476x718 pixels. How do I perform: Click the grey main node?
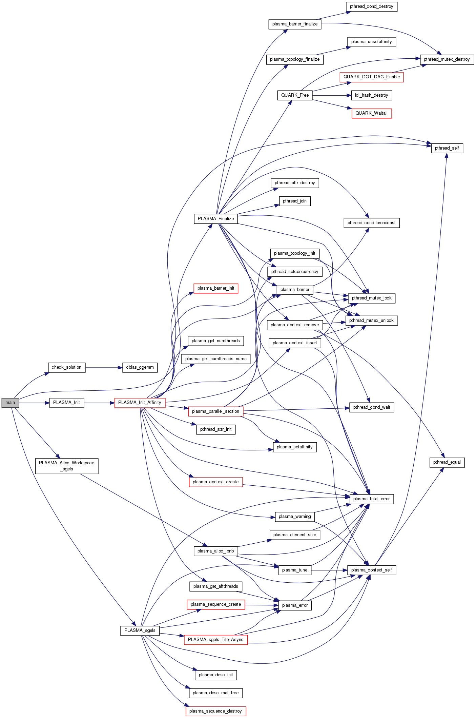pyautogui.click(x=10, y=403)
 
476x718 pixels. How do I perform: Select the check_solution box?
pyautogui.click(x=66, y=367)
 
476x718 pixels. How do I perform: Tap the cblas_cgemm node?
pyautogui.click(x=140, y=367)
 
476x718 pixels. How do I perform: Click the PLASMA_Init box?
pyautogui.click(x=66, y=403)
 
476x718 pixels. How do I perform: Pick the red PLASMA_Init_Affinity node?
pyautogui.click(x=140, y=403)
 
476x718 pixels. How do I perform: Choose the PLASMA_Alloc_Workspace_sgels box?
pyautogui.click(x=67, y=466)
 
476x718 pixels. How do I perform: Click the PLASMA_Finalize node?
pyautogui.click(x=216, y=219)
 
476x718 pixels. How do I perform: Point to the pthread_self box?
pyautogui.click(x=447, y=148)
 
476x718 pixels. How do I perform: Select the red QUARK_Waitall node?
pyautogui.click(x=371, y=113)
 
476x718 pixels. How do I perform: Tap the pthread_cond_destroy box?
pyautogui.click(x=371, y=6)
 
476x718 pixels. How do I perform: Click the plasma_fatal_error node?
pyautogui.click(x=371, y=499)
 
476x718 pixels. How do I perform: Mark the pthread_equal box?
pyautogui.click(x=447, y=462)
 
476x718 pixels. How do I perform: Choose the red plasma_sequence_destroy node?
pyautogui.click(x=215, y=711)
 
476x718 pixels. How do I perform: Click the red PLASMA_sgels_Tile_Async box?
pyautogui.click(x=215, y=640)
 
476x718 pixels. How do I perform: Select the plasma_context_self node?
pyautogui.click(x=371, y=570)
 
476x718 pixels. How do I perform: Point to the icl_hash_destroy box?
pyautogui.click(x=371, y=95)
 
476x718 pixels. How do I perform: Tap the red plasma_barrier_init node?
pyautogui.click(x=215, y=288)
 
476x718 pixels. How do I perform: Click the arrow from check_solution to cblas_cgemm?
pyautogui.click(x=104, y=367)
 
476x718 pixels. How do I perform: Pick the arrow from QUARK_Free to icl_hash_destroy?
pyautogui.click(x=332, y=96)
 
